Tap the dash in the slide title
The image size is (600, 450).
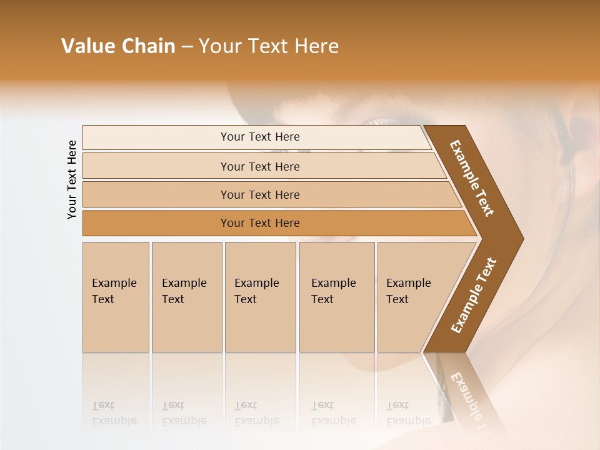[187, 47]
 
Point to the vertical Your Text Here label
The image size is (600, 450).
[72, 179]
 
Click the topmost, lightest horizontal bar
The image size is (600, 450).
[256, 137]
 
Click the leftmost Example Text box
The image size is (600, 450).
[116, 297]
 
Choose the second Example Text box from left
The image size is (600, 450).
[187, 297]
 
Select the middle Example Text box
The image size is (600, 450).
[260, 297]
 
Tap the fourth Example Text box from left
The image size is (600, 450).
[337, 297]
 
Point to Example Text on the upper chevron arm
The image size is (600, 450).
[472, 178]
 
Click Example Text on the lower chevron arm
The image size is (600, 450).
[474, 296]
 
